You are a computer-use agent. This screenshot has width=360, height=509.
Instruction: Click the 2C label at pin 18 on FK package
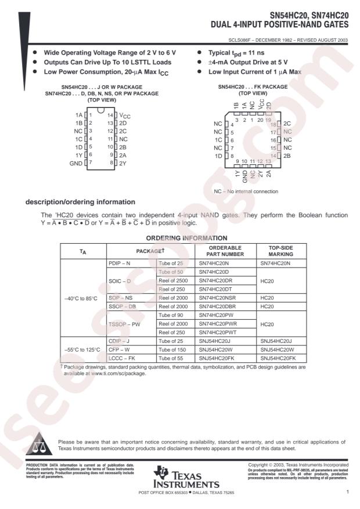point(287,124)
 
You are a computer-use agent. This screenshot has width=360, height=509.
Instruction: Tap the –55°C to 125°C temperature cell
point(82,350)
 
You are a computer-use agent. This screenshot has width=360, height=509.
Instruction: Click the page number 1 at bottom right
point(346,492)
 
